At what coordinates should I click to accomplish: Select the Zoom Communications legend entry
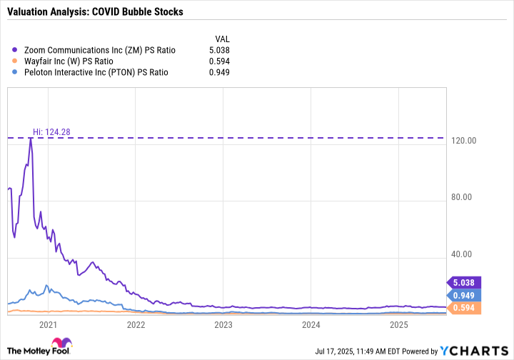99,50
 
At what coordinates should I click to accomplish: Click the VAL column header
222,38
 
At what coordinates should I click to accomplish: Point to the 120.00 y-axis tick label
463,141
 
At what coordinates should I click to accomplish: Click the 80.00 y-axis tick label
463,198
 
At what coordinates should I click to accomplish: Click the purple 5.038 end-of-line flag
463,281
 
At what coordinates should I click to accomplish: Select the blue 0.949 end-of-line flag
463,295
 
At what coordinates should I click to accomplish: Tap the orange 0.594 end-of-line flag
463,308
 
